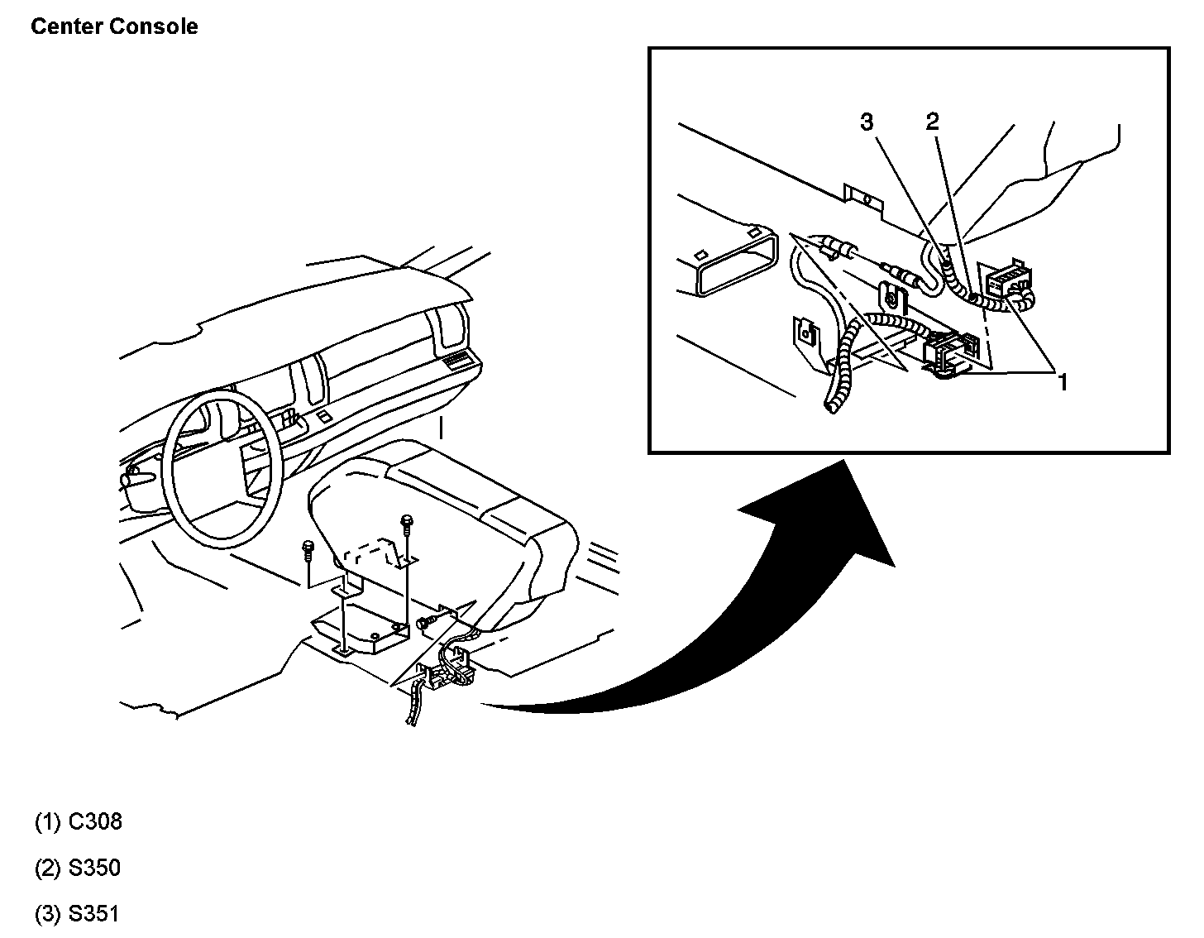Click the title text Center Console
point(114,26)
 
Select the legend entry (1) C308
point(79,821)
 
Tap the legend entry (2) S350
point(79,868)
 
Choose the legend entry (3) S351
point(79,914)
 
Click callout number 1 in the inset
point(1063,381)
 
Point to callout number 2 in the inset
point(932,122)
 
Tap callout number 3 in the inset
point(867,122)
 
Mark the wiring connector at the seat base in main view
point(447,670)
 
